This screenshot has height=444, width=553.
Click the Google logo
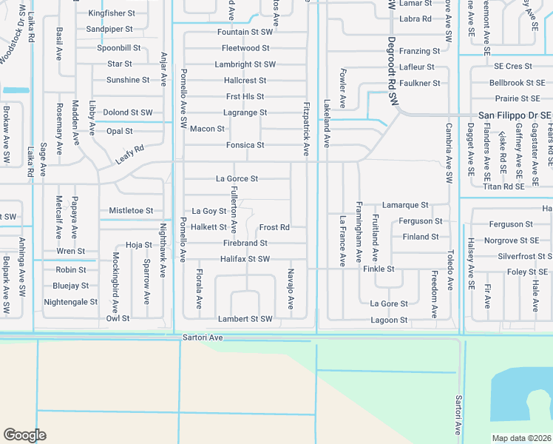[24, 435]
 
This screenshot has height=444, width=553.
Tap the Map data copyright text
[521, 438]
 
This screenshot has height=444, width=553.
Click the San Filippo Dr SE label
[515, 115]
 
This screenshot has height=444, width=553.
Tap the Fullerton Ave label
[233, 210]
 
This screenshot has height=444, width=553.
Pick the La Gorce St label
[237, 179]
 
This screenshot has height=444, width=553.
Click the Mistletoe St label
[131, 211]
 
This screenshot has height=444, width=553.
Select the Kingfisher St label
[112, 13]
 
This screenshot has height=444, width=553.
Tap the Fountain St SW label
[245, 33]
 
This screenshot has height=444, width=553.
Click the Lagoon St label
[389, 320]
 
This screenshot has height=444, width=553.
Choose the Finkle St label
[379, 269]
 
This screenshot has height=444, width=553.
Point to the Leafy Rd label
[129, 155]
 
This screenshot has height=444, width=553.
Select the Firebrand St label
[245, 243]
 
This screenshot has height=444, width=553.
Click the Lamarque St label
[405, 205]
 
